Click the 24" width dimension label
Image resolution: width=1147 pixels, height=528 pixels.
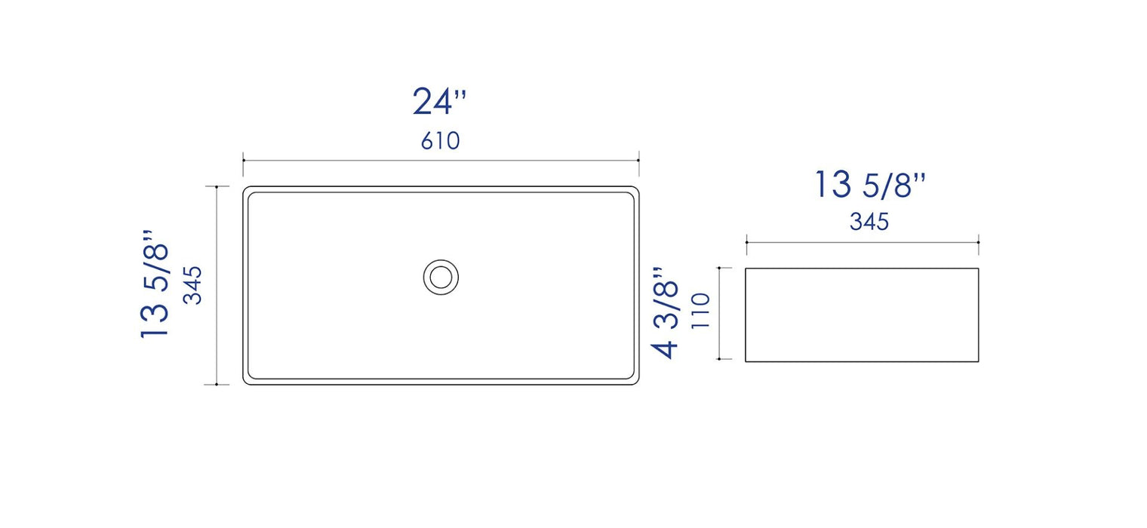439,101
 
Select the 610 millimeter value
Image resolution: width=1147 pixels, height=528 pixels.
441,141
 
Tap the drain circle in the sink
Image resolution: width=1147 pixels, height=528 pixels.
441,278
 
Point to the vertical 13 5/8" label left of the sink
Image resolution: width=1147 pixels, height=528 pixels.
154,284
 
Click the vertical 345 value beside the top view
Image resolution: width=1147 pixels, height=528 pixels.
193,285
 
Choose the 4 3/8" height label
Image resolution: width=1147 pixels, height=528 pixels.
665,312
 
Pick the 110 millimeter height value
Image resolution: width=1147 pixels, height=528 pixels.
701,311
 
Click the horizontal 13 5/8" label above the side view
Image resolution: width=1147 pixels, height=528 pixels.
870,185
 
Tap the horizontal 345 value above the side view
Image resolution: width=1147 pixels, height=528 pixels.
869,222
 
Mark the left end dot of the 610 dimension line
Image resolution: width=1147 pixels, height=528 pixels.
243,160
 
